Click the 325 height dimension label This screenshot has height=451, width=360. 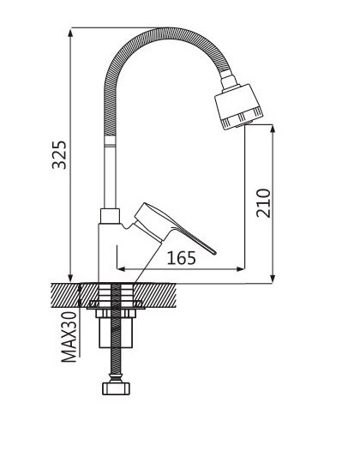59,154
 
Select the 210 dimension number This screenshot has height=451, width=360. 263,203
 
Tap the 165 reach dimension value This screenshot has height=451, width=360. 182,258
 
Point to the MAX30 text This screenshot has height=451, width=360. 69,336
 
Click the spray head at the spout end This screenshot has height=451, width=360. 238,107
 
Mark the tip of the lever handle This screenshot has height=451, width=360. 214,253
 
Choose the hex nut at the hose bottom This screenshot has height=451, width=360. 117,388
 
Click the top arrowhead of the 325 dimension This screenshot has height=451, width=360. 70,32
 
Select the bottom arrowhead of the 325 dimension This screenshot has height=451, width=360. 70,279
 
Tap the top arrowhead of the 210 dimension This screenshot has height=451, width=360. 273,129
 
